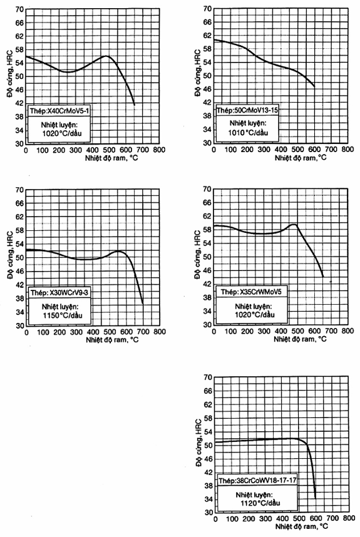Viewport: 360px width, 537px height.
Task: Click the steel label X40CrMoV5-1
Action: point(60,111)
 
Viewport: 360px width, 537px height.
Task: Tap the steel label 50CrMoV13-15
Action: point(248,110)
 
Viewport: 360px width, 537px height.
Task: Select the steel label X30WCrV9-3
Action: point(60,293)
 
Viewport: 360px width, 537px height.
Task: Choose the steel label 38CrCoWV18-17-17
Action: point(257,481)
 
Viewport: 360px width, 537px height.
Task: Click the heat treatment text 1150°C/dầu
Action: point(63,315)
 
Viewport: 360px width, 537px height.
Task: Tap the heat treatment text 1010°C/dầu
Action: point(249,133)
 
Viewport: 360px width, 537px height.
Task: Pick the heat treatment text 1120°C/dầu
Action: point(260,503)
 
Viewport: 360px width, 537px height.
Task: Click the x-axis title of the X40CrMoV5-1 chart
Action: point(111,158)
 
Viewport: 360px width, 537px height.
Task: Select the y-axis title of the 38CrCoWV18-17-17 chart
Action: point(198,442)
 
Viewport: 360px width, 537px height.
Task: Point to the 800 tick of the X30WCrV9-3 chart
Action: point(160,332)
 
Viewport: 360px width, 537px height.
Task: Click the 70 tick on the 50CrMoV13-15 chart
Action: point(208,9)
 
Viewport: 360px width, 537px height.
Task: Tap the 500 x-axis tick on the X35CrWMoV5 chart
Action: point(298,331)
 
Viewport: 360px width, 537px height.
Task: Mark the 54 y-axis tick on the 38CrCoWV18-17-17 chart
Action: point(208,431)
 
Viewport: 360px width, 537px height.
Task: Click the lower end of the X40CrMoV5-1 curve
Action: point(134,105)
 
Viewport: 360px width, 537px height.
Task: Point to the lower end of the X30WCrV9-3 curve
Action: point(143,304)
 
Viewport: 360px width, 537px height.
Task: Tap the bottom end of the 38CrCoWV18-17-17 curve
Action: point(315,498)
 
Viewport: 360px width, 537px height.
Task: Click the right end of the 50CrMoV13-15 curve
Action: point(314,86)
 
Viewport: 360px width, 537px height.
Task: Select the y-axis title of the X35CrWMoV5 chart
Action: point(198,255)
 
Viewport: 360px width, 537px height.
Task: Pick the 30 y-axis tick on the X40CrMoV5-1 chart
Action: point(19,143)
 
